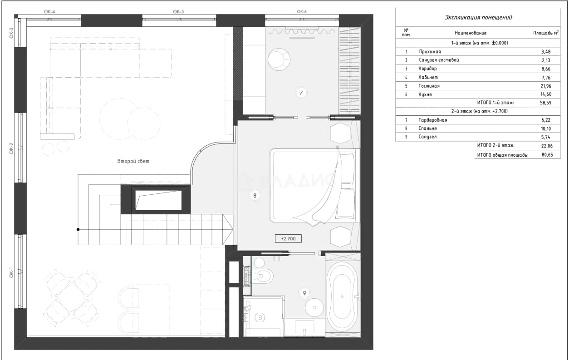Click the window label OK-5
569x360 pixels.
[x=178, y=11]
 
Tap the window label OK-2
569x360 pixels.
[x=11, y=148]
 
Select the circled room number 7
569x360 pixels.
[x=301, y=93]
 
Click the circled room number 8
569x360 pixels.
[x=255, y=195]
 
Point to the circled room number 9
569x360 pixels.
[x=304, y=293]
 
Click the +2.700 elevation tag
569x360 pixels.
[x=288, y=238]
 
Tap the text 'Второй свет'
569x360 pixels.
[x=133, y=161]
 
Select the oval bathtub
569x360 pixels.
[x=342, y=296]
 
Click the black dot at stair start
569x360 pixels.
[x=78, y=229]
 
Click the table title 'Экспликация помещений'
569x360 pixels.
[x=478, y=17]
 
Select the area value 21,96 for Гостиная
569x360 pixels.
[x=546, y=86]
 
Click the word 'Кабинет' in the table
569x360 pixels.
[x=428, y=77]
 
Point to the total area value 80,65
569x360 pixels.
[x=547, y=155]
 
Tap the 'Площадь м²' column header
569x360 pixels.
[x=546, y=33]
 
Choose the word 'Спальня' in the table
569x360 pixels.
[x=427, y=128]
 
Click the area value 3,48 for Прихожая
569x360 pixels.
[x=546, y=52]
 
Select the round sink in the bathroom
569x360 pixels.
[x=314, y=308]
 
